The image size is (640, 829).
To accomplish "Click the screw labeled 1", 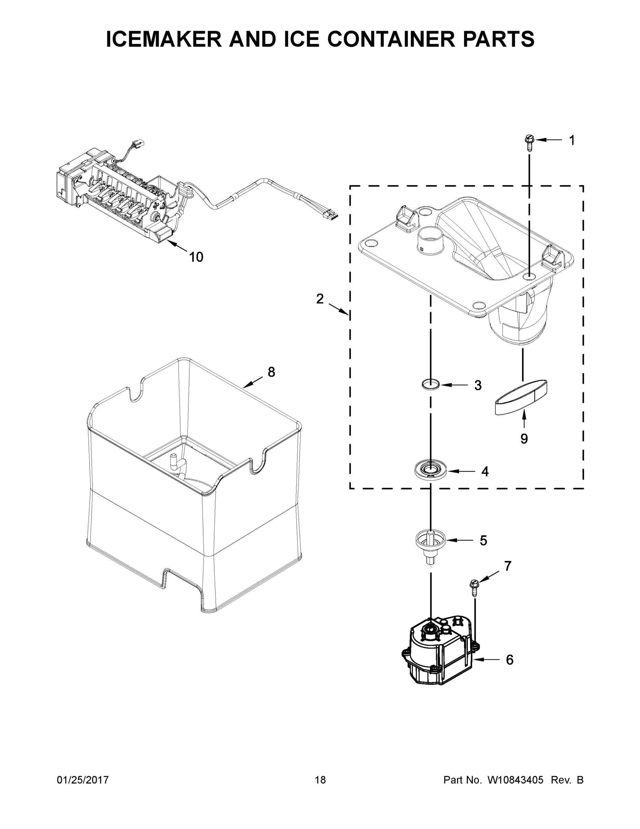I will pyautogui.click(x=529, y=143).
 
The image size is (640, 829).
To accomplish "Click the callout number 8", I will pyautogui.click(x=271, y=372).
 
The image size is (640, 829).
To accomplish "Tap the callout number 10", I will pyautogui.click(x=196, y=257).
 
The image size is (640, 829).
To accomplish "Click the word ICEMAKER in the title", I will pyautogui.click(x=164, y=39).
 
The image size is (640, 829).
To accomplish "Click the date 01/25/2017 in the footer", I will pyautogui.click(x=83, y=780).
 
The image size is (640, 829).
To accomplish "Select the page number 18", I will pyautogui.click(x=320, y=780).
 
